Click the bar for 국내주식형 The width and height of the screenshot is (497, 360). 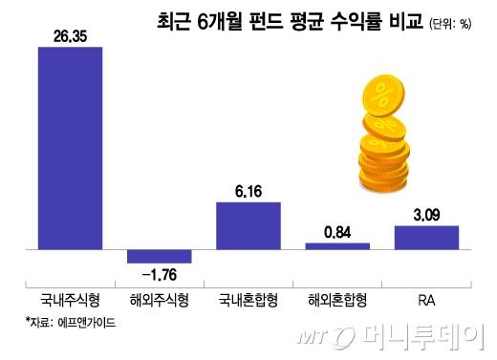(x=70, y=148)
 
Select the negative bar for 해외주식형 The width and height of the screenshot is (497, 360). (x=160, y=256)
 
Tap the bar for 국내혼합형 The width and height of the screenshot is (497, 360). (x=248, y=225)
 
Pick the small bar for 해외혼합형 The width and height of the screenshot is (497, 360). (x=337, y=245)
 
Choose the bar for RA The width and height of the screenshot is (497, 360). (x=427, y=237)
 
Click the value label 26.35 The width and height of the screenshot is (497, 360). (x=69, y=36)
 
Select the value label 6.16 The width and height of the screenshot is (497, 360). (x=248, y=191)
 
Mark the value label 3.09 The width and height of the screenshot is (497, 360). (x=427, y=214)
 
